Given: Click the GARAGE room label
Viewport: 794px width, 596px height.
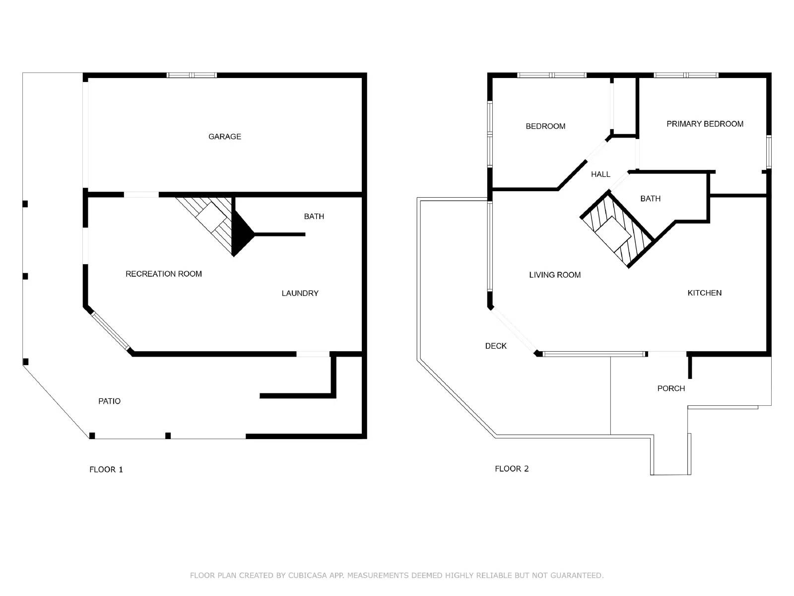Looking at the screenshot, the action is (x=225, y=137).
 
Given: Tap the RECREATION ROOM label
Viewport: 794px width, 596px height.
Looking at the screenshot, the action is (x=163, y=274).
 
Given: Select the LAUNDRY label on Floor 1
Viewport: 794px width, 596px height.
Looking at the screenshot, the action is (x=300, y=293).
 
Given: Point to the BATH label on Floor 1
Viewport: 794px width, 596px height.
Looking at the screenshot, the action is (x=314, y=217).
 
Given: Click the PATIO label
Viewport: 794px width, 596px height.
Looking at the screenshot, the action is (x=109, y=401).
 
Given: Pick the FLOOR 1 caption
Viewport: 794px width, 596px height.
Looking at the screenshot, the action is (x=106, y=469).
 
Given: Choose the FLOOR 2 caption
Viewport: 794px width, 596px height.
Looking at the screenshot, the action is (x=512, y=469).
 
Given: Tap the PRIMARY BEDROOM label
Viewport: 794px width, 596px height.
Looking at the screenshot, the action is (x=705, y=124).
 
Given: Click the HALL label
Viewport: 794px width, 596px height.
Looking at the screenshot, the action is (x=600, y=174).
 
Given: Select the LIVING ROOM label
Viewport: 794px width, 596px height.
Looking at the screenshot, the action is (x=555, y=275).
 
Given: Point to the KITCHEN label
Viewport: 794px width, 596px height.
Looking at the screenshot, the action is (x=704, y=293).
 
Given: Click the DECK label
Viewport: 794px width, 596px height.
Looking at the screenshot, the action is (x=496, y=346).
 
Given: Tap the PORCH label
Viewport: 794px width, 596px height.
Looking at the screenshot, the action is (x=671, y=388).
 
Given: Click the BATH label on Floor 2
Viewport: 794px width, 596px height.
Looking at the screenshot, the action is (x=650, y=199).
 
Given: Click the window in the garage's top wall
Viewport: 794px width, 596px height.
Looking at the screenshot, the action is (x=192, y=75).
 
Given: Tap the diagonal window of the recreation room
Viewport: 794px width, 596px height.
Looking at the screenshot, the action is (x=110, y=331).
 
